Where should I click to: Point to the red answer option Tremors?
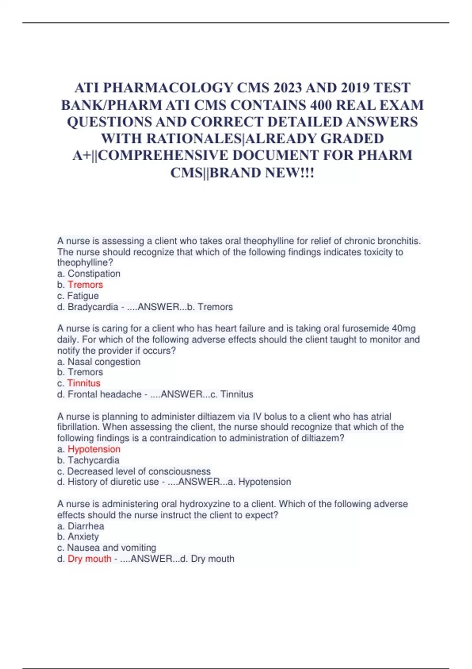[85, 285]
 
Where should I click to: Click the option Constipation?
[94, 274]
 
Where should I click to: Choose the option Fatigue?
[83, 296]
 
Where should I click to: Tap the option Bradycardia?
[93, 307]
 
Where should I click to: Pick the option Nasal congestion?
[104, 362]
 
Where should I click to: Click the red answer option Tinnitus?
[84, 383]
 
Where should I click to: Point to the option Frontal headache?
[105, 394]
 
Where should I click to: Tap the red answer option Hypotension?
[94, 449]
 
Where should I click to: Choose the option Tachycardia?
[93, 460]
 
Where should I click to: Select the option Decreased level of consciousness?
[139, 471]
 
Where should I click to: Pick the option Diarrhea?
[86, 526]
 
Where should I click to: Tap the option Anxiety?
[83, 536]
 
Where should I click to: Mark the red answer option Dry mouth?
[89, 558]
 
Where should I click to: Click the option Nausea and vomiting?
[112, 547]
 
